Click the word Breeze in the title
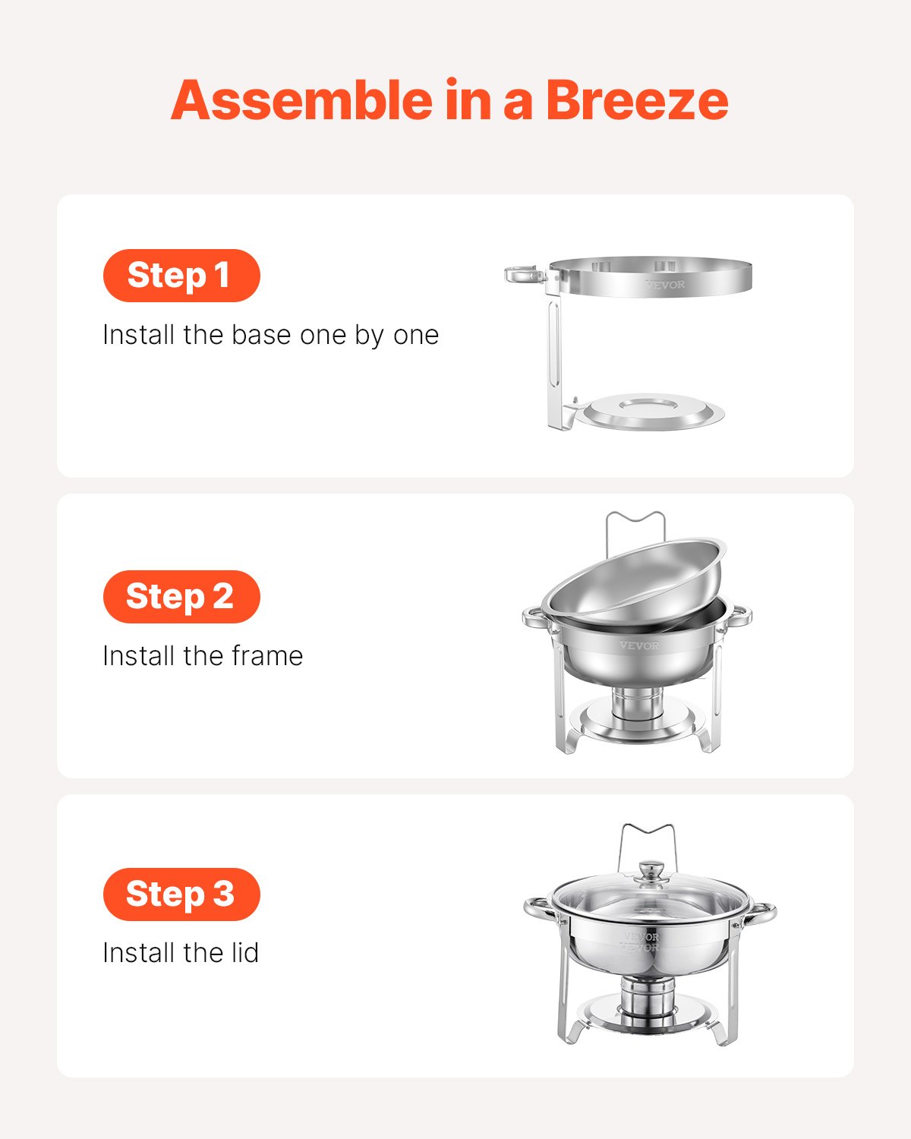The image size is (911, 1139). click(636, 101)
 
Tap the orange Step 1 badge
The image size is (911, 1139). click(181, 276)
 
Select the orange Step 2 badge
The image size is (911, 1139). click(181, 597)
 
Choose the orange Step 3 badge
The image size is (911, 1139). click(181, 894)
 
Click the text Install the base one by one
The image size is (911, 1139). click(270, 335)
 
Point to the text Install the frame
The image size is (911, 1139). click(203, 656)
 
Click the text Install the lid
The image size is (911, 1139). click(181, 953)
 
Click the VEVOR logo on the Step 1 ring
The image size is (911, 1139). click(665, 285)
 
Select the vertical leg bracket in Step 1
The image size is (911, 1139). click(556, 357)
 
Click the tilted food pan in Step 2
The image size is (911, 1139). click(634, 577)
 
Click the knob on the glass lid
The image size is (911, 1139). click(650, 871)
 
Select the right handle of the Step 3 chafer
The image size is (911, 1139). click(761, 913)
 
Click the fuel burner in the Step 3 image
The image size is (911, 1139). click(647, 996)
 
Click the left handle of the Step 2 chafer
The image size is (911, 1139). click(535, 617)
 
